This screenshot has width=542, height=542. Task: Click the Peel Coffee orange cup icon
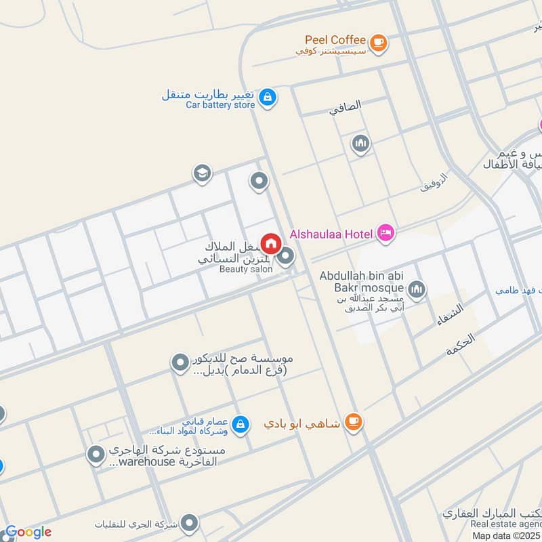click(x=379, y=42)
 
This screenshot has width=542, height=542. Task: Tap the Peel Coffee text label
click(x=335, y=40)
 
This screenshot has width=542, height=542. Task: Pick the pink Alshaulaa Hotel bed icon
click(x=386, y=234)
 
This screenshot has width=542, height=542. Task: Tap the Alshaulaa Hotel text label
click(x=331, y=234)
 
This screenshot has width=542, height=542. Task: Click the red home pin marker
click(x=270, y=243)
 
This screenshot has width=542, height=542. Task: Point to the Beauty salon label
click(x=245, y=269)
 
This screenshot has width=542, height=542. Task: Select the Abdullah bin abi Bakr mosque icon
click(x=417, y=289)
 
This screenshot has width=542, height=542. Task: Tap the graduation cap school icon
click(x=201, y=174)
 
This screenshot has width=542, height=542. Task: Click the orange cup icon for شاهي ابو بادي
click(x=352, y=422)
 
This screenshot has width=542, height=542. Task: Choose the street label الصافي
click(x=346, y=107)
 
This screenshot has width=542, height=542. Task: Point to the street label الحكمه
click(x=461, y=345)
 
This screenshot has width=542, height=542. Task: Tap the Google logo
click(x=28, y=532)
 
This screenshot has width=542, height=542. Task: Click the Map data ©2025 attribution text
click(x=506, y=535)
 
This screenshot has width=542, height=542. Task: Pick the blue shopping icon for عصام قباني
click(x=239, y=425)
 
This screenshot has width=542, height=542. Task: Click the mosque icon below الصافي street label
click(x=360, y=144)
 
